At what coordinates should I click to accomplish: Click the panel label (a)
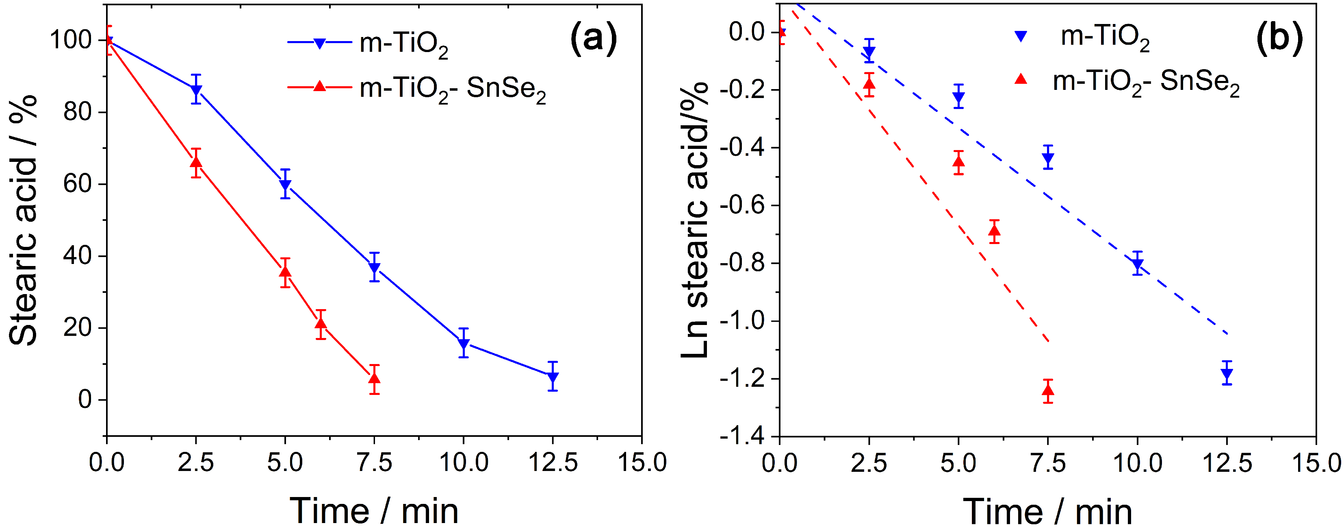[x=593, y=39]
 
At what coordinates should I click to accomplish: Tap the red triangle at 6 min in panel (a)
[x=321, y=324]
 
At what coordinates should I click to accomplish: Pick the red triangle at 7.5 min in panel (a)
[x=374, y=378]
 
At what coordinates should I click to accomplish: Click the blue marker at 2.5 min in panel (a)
[x=196, y=90]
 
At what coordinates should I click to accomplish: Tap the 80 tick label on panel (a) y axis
[x=77, y=112]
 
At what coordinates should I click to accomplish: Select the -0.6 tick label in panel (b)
[x=741, y=205]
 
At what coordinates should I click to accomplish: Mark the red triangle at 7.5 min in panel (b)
[x=1048, y=390]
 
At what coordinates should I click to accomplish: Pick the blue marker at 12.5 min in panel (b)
[x=1227, y=373]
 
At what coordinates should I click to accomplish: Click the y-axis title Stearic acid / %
[x=24, y=219]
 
